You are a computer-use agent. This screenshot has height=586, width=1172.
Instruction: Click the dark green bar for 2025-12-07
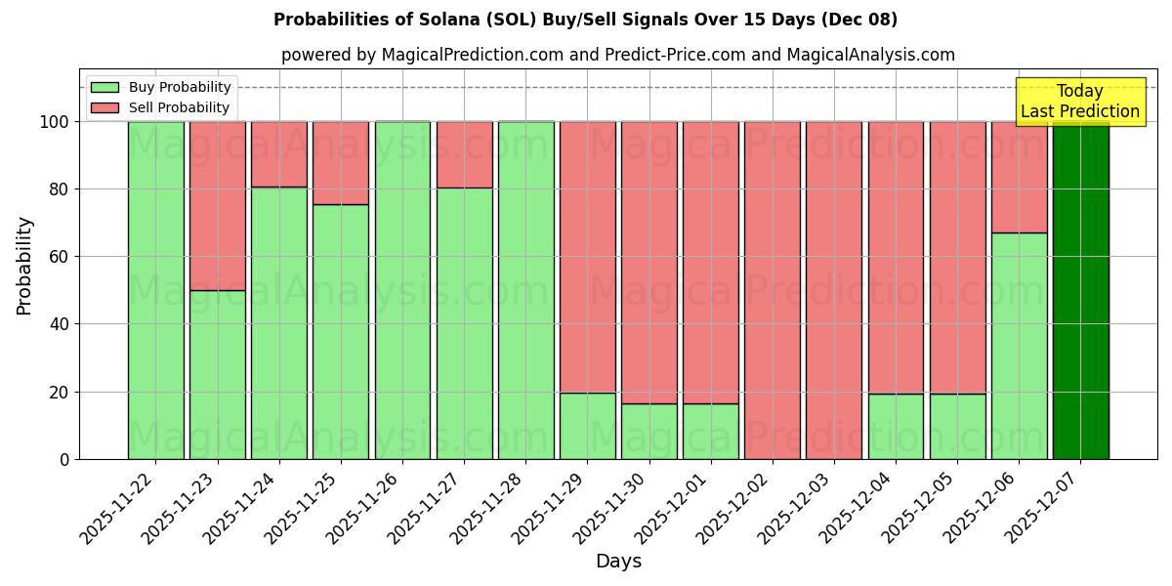(1080, 290)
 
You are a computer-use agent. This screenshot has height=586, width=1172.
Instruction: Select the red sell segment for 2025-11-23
(217, 205)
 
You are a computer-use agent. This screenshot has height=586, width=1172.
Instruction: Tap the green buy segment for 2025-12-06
(1019, 346)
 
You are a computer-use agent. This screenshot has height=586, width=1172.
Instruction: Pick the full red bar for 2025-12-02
(772, 290)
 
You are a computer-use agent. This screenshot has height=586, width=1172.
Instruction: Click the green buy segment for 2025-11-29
(587, 426)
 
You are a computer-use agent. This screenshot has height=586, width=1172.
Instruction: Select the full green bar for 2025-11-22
(155, 290)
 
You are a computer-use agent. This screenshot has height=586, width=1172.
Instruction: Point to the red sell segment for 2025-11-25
(341, 162)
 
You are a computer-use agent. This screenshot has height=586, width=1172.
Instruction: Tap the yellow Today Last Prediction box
(1079, 102)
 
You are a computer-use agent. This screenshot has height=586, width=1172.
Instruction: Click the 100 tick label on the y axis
(55, 122)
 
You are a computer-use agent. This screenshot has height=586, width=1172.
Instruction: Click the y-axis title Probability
(24, 266)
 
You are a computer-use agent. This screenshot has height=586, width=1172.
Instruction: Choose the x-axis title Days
(618, 562)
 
